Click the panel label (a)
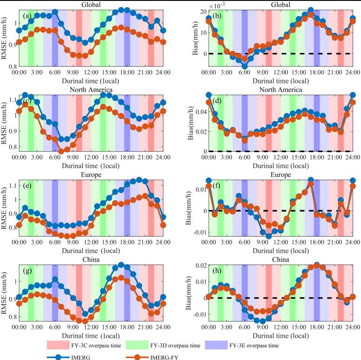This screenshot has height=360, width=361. (27, 16)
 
